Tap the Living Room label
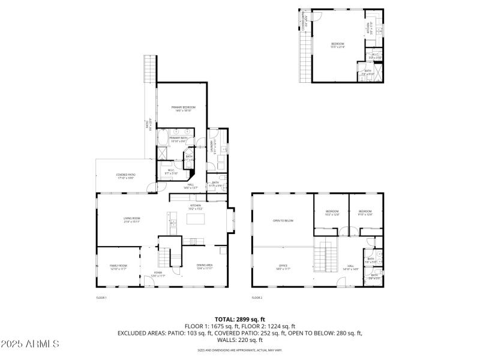click(131, 220)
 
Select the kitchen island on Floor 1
click(196, 219)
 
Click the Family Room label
click(118, 267)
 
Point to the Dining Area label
click(205, 266)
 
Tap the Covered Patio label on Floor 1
click(125, 176)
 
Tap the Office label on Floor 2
click(283, 266)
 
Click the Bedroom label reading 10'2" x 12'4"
click(332, 213)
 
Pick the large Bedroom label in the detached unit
click(338, 45)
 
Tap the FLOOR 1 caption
click(101, 298)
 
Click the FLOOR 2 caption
click(257, 298)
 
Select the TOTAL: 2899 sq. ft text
click(240, 319)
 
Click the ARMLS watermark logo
click(30, 344)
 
